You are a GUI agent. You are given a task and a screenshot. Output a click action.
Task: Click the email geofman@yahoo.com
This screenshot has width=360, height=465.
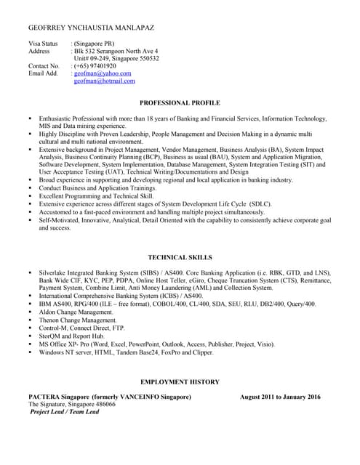coord(103,73)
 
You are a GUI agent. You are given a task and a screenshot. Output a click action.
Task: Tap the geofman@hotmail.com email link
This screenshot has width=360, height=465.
coord(105,81)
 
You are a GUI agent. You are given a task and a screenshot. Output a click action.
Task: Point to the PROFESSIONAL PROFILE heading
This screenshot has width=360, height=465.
coord(180,103)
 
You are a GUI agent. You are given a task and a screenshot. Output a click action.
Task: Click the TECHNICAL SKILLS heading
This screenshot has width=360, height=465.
coord(180,257)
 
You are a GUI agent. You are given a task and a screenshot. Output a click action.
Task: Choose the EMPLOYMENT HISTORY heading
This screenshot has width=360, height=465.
coord(180,381)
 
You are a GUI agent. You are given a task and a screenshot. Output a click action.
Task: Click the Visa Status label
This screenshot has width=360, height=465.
coord(43,44)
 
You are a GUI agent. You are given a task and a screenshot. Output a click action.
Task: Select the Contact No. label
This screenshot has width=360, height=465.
coord(44,66)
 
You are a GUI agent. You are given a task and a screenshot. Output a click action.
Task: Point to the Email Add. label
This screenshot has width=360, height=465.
coord(42,73)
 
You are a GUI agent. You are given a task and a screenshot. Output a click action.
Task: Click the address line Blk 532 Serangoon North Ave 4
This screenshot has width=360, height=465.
coord(121,51)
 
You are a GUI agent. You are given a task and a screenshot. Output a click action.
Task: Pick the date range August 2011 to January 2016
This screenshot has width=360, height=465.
coord(280,397)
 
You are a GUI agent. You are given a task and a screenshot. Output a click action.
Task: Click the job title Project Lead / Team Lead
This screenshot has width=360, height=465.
coord(64,411)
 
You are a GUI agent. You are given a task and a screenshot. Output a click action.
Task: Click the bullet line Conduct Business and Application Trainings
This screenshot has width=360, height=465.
coord(97,187)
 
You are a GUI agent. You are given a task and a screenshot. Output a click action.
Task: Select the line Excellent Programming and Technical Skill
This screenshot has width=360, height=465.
coord(97,196)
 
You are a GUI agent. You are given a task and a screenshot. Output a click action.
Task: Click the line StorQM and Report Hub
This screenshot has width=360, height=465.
coord(72,336)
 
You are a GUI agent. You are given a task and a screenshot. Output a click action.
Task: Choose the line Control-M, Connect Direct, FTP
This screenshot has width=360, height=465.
coord(85,328)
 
